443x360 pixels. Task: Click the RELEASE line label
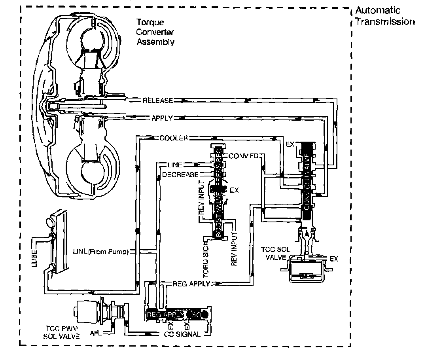[x=158, y=100]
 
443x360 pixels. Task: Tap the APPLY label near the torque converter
[x=162, y=117]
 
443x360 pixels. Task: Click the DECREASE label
[x=180, y=174]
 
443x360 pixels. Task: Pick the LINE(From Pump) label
[x=101, y=251]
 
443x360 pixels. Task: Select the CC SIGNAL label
[x=182, y=334]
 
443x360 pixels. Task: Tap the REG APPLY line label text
[x=188, y=284]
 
